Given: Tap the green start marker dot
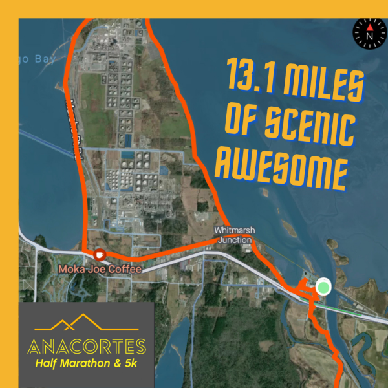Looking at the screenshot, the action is coord(323,286).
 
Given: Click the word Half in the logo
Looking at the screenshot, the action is coord(45,365).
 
